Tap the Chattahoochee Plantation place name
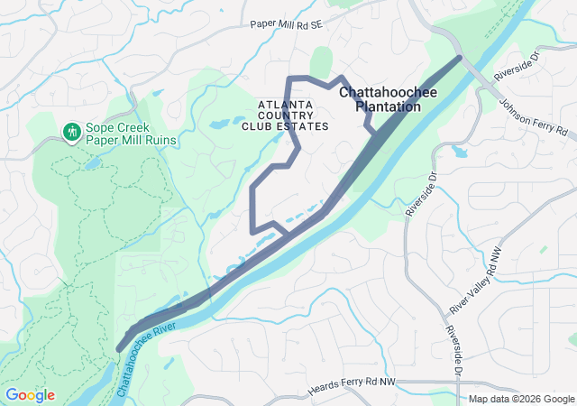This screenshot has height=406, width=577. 380,99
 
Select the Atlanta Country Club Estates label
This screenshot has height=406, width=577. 285,115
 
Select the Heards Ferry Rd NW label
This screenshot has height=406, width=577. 352,387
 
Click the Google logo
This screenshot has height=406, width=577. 30,395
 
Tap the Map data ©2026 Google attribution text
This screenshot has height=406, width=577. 520,399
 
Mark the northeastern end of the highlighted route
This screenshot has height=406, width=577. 460,59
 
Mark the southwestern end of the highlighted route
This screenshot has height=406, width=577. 120,349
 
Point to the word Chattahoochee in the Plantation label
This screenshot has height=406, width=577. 380,92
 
